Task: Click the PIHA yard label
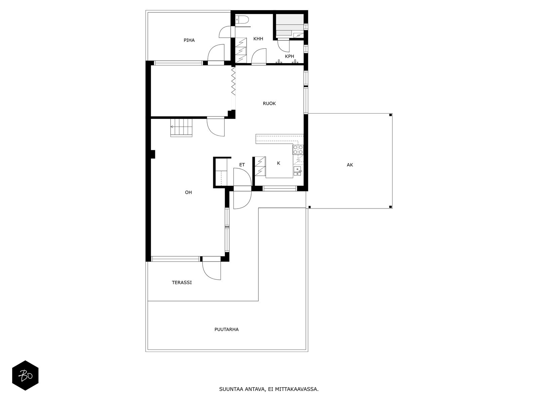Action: (x=189, y=40)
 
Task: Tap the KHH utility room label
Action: (x=258, y=39)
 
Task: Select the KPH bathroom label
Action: (x=290, y=56)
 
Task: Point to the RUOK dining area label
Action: (x=269, y=103)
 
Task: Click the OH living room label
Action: (x=188, y=192)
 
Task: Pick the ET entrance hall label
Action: (x=242, y=165)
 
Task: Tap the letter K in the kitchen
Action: (x=278, y=163)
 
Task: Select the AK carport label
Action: (x=350, y=165)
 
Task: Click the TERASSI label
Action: (x=182, y=282)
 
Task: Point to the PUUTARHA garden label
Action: (x=227, y=329)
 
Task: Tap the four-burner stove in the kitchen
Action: (x=298, y=149)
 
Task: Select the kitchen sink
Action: (x=298, y=171)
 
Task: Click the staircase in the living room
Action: (x=181, y=128)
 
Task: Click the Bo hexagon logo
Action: (x=25, y=375)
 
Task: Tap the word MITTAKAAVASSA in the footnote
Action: (x=297, y=389)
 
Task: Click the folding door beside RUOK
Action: (x=233, y=81)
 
